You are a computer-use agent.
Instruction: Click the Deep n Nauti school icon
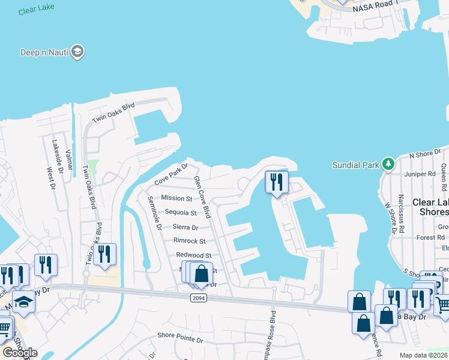click(x=77, y=52)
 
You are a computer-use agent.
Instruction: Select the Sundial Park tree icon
click(x=388, y=164)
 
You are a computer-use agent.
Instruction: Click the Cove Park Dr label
click(x=171, y=173)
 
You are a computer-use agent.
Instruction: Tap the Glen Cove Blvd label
click(x=202, y=197)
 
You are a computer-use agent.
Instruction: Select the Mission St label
click(x=176, y=198)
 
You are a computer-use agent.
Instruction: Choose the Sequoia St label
click(x=181, y=212)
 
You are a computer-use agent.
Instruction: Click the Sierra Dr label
click(x=185, y=227)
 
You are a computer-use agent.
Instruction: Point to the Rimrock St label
click(x=189, y=241)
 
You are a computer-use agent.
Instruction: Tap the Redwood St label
click(x=193, y=256)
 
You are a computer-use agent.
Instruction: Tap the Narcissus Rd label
click(x=401, y=213)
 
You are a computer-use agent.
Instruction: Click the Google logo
click(x=20, y=352)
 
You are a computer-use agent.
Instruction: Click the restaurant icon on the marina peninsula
click(x=277, y=182)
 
